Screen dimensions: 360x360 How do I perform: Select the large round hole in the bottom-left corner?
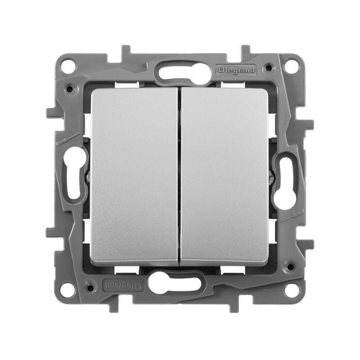(68, 288)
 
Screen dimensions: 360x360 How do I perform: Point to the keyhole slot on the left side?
(75, 178)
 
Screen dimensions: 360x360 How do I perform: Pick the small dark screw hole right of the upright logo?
(267, 68)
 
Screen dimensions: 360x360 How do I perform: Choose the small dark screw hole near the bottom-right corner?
(289, 266)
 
